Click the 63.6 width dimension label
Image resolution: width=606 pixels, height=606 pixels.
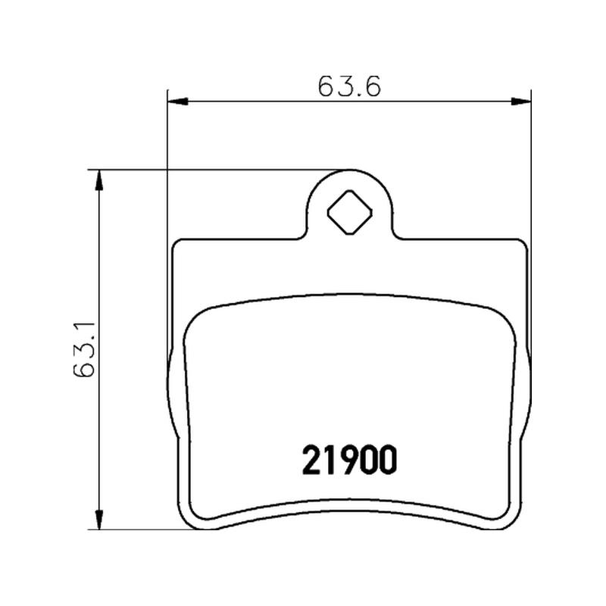click(x=349, y=86)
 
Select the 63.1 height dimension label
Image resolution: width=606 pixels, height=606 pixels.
click(x=84, y=348)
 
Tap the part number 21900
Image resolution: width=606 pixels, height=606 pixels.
click(x=349, y=460)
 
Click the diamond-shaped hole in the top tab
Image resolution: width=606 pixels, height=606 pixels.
click(x=350, y=212)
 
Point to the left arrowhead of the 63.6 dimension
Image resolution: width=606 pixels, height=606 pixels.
click(x=178, y=102)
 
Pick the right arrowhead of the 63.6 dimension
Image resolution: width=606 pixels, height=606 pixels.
click(x=521, y=102)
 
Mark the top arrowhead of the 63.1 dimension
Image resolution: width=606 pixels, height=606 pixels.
click(x=99, y=180)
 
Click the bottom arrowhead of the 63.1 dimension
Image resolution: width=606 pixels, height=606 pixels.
click(x=99, y=520)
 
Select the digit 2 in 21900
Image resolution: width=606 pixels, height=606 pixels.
click(x=311, y=460)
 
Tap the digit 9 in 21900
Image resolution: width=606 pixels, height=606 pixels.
click(x=349, y=460)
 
